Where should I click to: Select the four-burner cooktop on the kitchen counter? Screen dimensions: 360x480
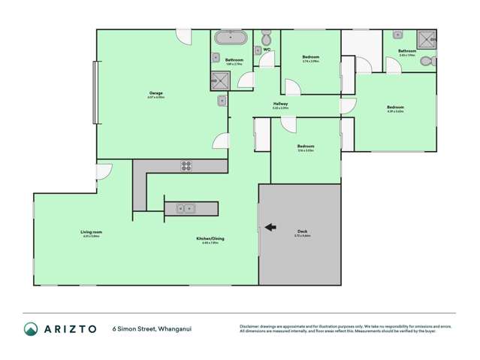[x=186, y=167]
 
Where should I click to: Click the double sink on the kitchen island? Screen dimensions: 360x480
[x=186, y=208]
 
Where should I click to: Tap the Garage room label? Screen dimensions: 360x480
[x=156, y=93]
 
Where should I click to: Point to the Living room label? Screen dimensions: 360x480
[x=90, y=232]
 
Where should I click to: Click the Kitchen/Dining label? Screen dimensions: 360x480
[x=213, y=238]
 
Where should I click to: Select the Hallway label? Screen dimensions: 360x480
[x=280, y=104]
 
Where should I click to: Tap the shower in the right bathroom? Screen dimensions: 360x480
[x=426, y=39]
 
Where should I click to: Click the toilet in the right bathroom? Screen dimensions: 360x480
[x=426, y=61]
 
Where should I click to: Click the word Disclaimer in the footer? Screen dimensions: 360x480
[x=249, y=326]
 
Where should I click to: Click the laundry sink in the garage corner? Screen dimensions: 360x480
[x=222, y=101]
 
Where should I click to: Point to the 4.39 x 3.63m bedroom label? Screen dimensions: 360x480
[x=395, y=107]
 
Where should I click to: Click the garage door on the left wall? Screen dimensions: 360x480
[x=95, y=92]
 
